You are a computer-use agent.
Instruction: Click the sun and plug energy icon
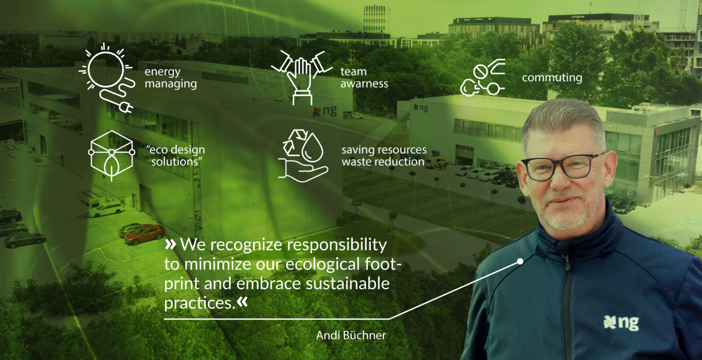(x=106, y=77)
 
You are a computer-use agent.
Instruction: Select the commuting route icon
(x=482, y=78)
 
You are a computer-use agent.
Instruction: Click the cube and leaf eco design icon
(x=112, y=155)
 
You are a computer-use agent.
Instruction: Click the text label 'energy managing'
(x=170, y=77)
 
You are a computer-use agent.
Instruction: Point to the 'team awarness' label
(x=364, y=77)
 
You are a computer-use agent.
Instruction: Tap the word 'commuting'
(x=552, y=77)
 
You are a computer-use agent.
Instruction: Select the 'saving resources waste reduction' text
(x=383, y=156)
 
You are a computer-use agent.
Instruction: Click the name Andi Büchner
(x=351, y=335)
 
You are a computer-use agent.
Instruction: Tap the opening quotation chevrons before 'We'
(x=170, y=244)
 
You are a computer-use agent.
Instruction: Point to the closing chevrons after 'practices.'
(x=242, y=302)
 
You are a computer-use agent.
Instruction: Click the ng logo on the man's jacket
(x=620, y=322)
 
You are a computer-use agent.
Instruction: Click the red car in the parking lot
(x=145, y=234)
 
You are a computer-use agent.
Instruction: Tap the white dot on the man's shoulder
(x=520, y=261)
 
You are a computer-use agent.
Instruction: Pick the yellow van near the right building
(x=435, y=163)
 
